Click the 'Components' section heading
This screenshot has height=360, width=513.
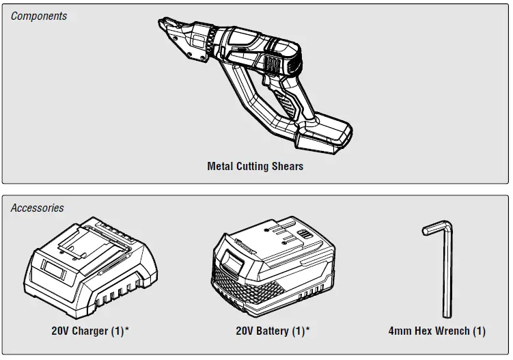tap(39, 16)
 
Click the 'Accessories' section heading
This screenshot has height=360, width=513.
tap(38, 208)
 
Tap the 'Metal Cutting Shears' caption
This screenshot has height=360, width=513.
tap(255, 166)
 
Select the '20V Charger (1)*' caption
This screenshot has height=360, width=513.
tap(90, 331)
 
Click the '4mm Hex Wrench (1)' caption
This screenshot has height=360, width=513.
tap(436, 331)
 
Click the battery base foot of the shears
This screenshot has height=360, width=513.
tap(324, 137)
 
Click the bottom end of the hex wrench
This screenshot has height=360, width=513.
tap(447, 314)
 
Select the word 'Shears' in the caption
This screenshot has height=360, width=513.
tap(287, 166)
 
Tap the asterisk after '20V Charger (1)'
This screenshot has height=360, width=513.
tap(127, 329)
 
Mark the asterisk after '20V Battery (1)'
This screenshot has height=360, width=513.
tap(307, 329)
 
